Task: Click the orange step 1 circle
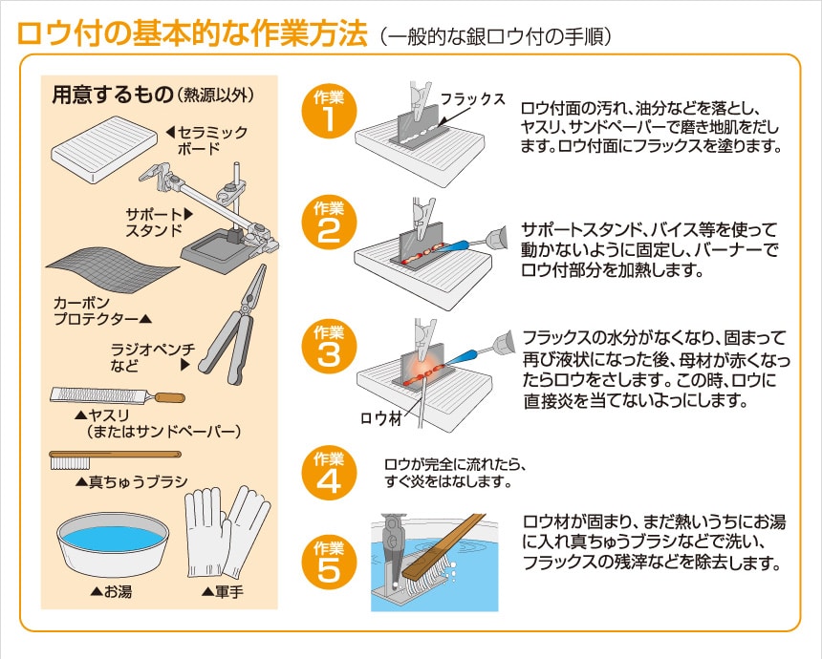coord(329,112)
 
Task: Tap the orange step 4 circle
coord(329,473)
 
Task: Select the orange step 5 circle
coord(329,563)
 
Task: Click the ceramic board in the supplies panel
coord(104,149)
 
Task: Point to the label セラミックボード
coord(207,140)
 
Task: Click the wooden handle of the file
coord(169,397)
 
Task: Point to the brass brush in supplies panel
coord(116,458)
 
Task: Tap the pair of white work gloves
coord(227,531)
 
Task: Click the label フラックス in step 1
coord(472,98)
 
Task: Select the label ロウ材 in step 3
coord(381,417)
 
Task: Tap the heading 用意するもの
coord(112,95)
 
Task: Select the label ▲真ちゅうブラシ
coord(132,481)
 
